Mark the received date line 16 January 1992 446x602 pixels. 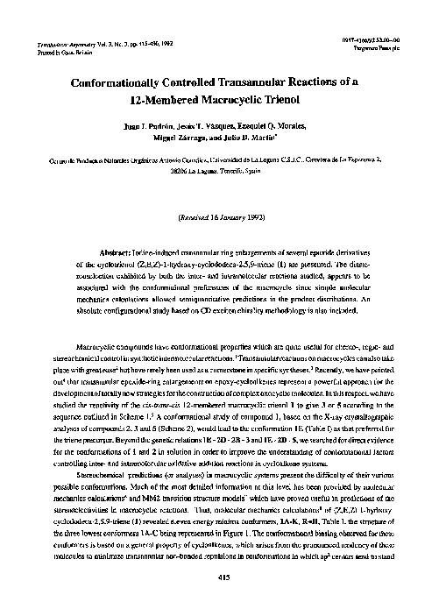(226, 215)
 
